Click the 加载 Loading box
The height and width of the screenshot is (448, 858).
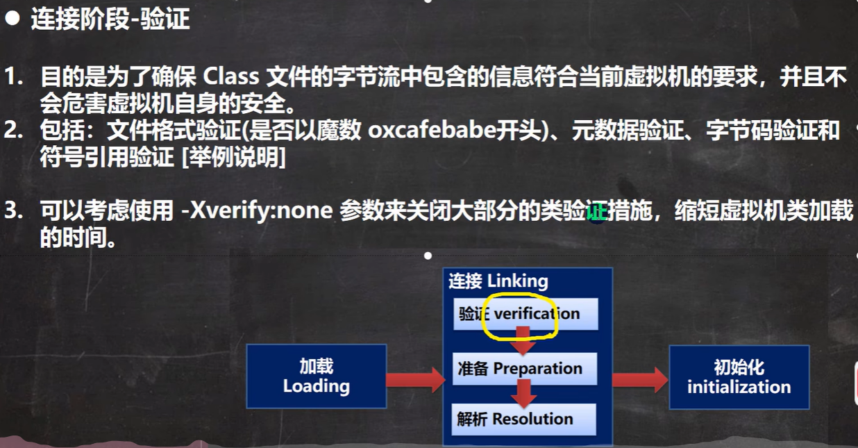(x=317, y=376)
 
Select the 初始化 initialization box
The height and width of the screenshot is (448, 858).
(x=739, y=377)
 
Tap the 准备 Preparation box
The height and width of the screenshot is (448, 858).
(x=524, y=369)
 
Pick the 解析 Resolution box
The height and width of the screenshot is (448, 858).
(x=523, y=419)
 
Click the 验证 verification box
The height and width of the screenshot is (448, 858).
(x=525, y=314)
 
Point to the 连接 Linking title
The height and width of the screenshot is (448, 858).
(x=498, y=281)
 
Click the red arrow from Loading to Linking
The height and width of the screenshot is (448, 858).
(x=416, y=380)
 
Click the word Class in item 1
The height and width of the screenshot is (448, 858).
(x=231, y=76)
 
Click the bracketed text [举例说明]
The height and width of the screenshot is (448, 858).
(x=233, y=157)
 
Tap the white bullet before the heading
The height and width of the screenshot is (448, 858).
(x=12, y=18)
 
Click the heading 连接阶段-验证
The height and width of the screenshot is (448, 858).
(x=110, y=19)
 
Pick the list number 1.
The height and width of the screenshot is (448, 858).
(x=13, y=76)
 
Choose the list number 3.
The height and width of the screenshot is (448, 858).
(x=13, y=210)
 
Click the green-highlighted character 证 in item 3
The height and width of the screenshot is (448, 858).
(x=597, y=210)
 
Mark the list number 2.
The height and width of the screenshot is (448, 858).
(x=13, y=131)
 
